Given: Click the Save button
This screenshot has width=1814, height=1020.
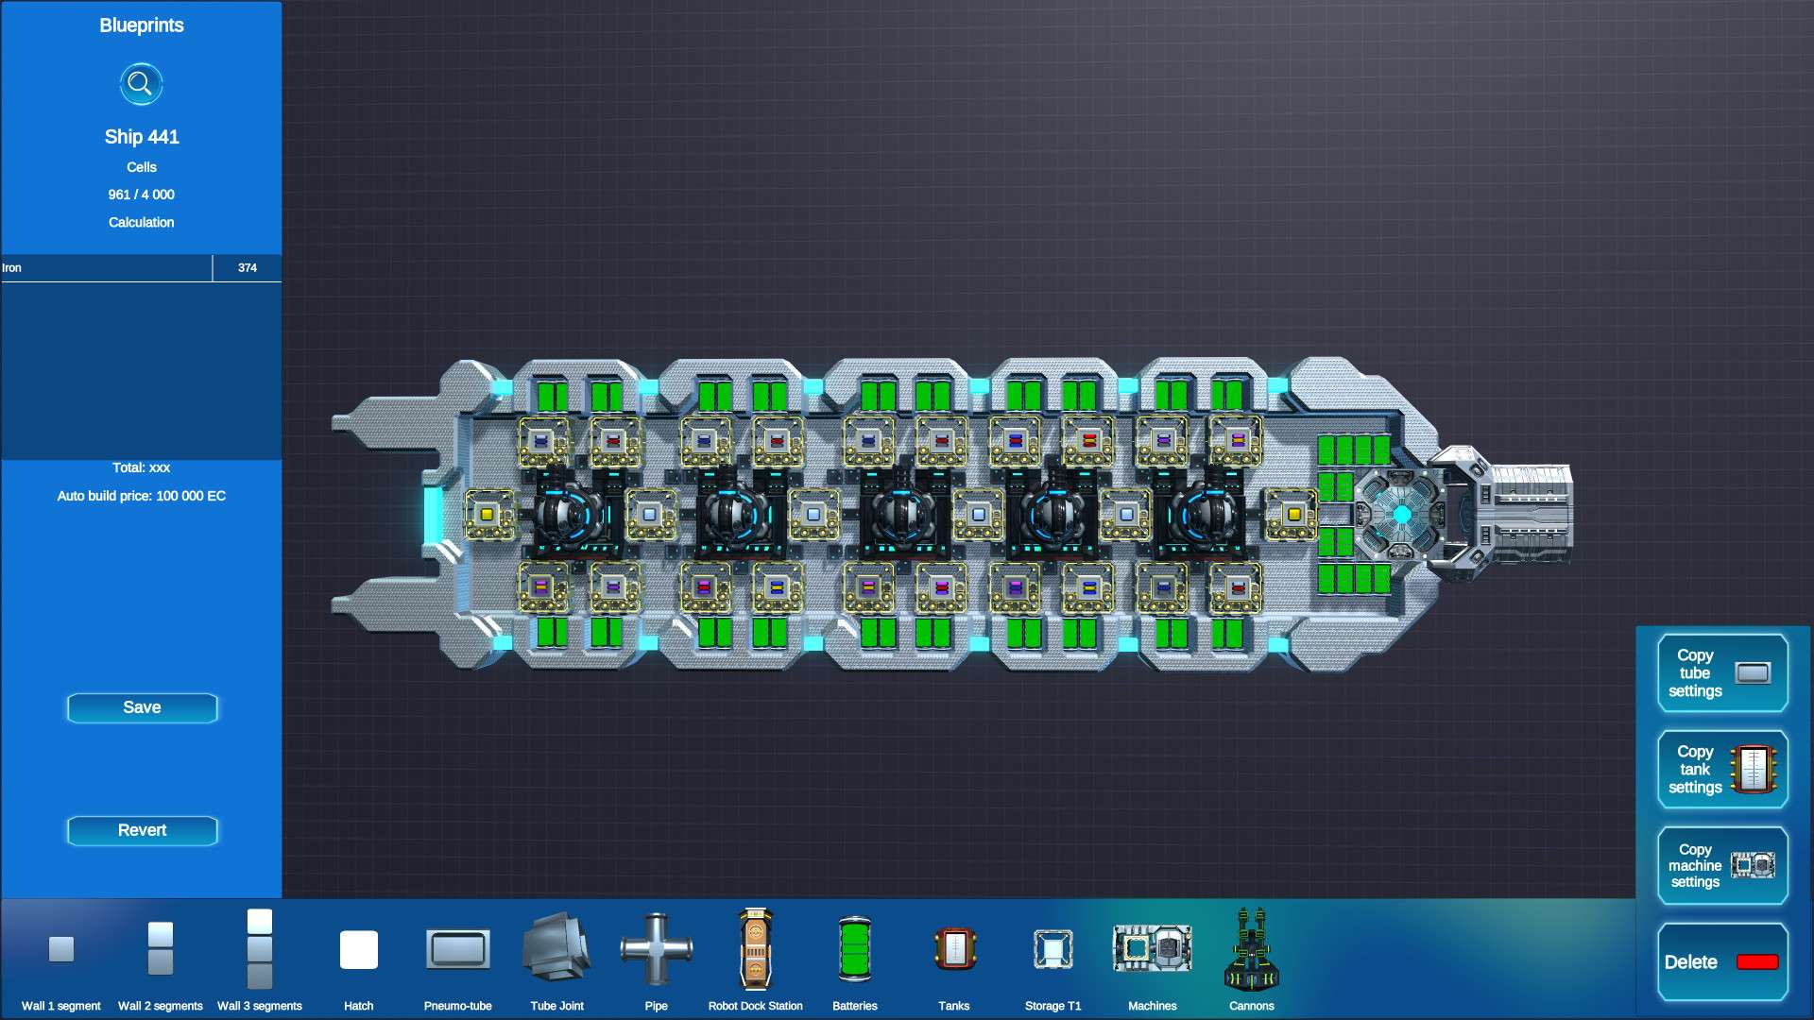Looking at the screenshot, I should [x=142, y=707].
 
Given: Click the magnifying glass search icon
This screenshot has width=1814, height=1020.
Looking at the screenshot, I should [x=141, y=84].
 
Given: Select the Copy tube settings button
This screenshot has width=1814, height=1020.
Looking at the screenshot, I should [x=1721, y=672].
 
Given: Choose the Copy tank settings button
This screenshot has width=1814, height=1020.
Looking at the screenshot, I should [x=1721, y=769].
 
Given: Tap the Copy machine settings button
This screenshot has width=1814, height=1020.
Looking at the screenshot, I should [x=1721, y=865].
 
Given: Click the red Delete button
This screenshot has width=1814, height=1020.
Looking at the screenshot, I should [x=1721, y=961].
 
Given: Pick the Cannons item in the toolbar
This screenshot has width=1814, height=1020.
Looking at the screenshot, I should [x=1251, y=950].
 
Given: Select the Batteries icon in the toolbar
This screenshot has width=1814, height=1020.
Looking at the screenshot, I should [x=854, y=950].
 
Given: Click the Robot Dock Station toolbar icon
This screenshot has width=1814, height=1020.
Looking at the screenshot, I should [x=755, y=950].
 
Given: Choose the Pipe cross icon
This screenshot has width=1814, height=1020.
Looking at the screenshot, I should [x=656, y=949].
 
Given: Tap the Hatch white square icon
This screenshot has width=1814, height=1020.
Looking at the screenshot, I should [x=358, y=949].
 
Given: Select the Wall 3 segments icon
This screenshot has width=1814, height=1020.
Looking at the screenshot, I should [x=259, y=948].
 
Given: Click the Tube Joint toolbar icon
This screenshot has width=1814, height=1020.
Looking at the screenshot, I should [x=556, y=948].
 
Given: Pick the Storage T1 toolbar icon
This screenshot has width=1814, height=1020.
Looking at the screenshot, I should [x=1052, y=950].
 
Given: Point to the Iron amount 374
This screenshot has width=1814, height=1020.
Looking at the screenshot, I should [x=247, y=268].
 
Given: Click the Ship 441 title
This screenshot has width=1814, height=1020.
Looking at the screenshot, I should [x=142, y=137].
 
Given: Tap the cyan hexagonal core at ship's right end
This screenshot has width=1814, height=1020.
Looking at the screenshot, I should [x=1401, y=514].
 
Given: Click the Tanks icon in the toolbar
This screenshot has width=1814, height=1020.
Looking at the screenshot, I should [x=953, y=950].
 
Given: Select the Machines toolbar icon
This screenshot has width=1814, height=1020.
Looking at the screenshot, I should [x=1152, y=948].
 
